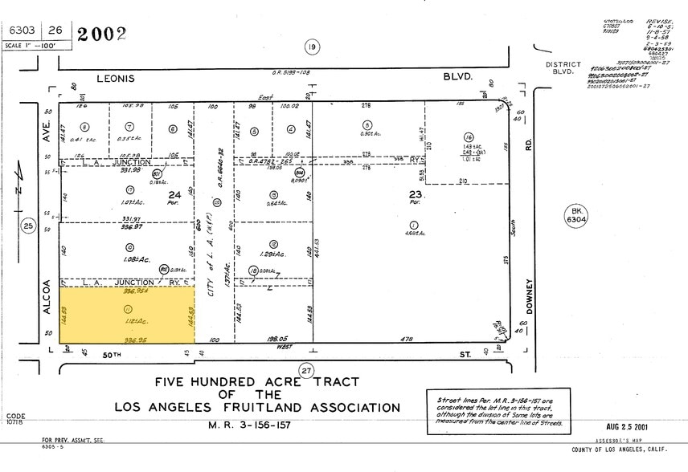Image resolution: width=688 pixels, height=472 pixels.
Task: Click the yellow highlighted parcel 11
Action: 127,315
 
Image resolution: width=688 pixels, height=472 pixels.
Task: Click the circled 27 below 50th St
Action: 306,370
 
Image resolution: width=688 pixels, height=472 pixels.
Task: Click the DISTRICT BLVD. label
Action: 563,67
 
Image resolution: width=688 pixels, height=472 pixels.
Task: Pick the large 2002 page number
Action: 101,33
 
